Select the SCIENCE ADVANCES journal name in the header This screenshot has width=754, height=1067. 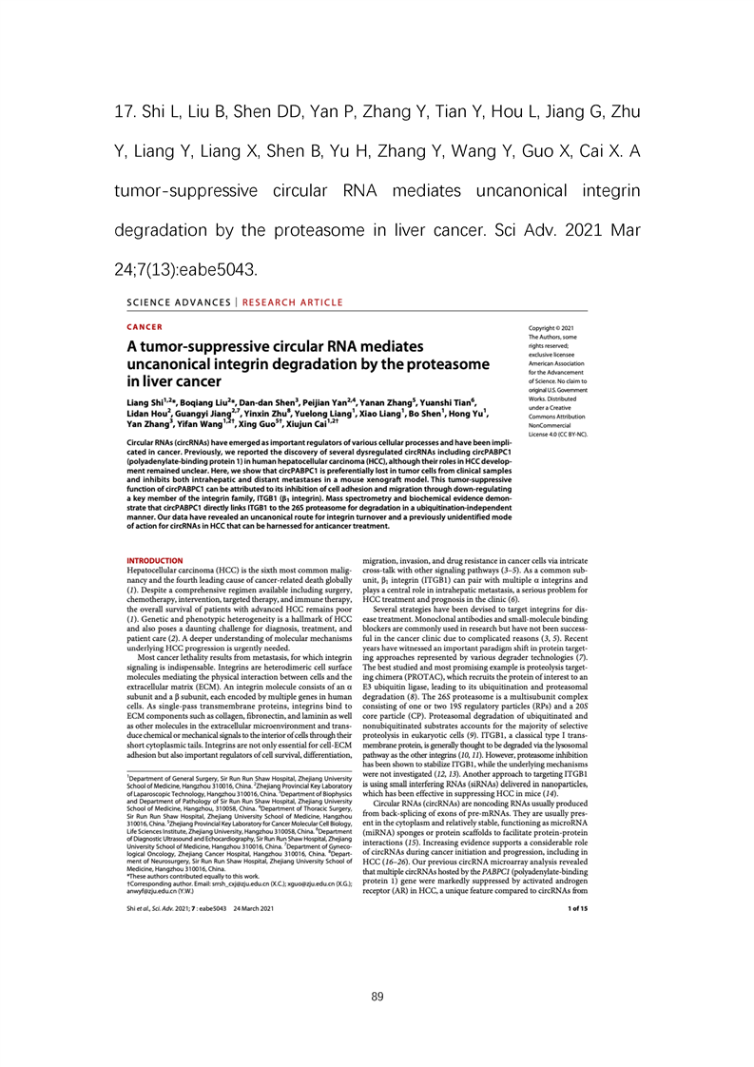coord(178,303)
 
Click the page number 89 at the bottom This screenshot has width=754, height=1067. coord(377,997)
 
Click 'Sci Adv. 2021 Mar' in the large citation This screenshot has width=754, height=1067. coord(561,230)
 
